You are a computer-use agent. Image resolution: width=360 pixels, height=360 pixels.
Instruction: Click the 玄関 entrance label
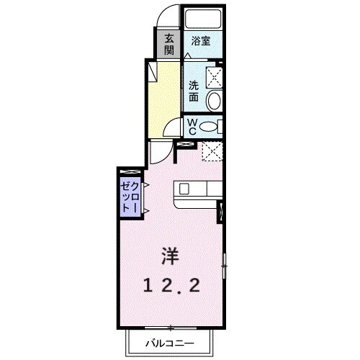(169, 45)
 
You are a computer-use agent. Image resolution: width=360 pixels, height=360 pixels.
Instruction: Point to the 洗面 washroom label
(194, 91)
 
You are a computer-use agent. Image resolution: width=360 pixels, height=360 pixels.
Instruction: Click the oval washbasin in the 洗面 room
(213, 101)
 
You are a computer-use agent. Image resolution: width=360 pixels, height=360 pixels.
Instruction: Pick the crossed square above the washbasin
(214, 77)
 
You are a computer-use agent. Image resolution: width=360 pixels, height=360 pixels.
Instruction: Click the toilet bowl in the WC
(210, 127)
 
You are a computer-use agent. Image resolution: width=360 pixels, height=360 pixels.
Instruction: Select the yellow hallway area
(163, 97)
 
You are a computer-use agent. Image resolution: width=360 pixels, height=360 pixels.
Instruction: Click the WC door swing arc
(172, 129)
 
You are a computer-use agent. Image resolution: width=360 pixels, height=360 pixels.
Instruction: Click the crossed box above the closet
(130, 171)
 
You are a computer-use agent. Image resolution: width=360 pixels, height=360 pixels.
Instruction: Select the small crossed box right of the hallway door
(185, 145)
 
